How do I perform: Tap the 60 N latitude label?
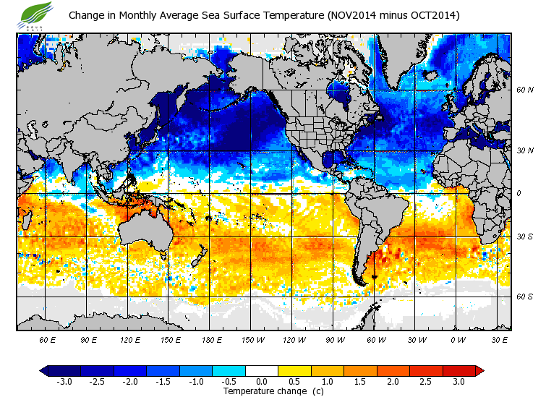pos(525,90)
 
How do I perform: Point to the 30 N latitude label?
pos(525,150)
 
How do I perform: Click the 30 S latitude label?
pos(525,236)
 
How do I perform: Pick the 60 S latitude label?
pos(525,297)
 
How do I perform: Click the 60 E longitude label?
pos(48,339)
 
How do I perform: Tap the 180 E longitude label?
pos(211,339)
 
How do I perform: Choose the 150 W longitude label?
pos(252,339)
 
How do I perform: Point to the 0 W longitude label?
pos(457,339)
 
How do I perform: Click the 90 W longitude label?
pos(334,339)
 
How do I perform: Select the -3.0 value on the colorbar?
pos(64,381)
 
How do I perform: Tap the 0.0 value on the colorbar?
pos(261,381)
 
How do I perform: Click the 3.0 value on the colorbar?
pos(458,381)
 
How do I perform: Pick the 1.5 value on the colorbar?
pos(360,381)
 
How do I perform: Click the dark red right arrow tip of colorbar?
pos(479,370)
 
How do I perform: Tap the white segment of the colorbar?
pos(261,370)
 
